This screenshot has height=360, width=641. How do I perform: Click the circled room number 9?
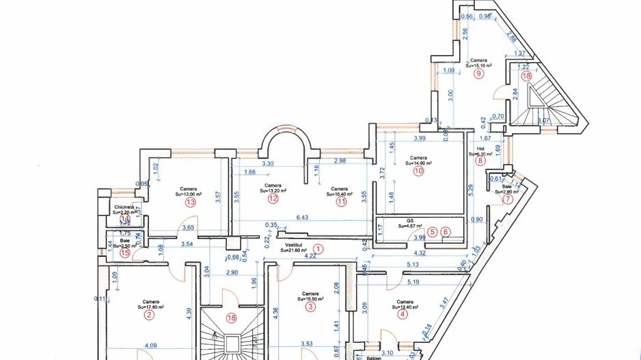click(478, 73)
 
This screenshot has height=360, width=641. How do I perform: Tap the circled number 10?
click(418, 171)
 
